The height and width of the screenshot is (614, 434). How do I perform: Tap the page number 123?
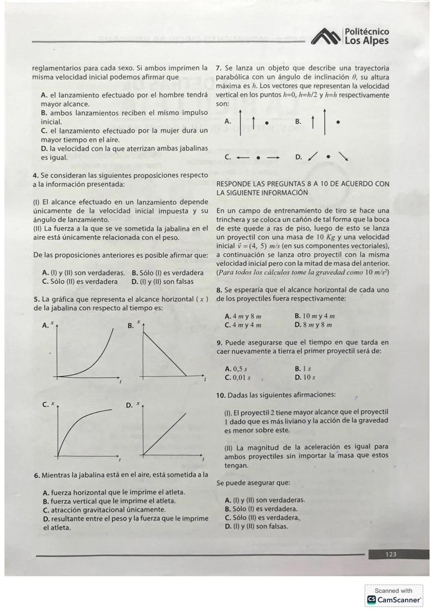coord(391,554)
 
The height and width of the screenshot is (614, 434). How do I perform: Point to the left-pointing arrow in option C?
coord(243,158)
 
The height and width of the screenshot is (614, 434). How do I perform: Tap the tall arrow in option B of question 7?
coord(325,121)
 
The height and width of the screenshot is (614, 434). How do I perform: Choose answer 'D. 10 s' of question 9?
coord(305,377)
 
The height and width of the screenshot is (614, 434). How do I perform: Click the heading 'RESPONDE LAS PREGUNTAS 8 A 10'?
coord(302,184)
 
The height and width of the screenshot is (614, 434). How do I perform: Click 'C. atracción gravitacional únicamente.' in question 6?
coord(104,510)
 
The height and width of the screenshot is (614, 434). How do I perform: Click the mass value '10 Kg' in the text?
coord(325,237)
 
